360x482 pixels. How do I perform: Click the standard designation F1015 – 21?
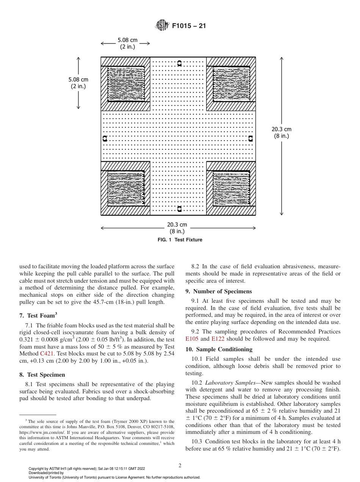[x=189, y=26]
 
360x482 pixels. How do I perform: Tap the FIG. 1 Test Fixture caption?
[x=180, y=240]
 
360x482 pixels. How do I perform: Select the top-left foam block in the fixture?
[x=126, y=85]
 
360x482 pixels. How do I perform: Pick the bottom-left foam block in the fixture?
[x=126, y=188]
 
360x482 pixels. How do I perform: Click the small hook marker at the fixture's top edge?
[x=180, y=63]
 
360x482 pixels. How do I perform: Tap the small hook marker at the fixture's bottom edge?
[x=180, y=209]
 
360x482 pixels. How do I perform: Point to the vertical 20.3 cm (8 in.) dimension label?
[x=282, y=133]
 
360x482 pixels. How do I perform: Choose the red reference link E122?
[x=218, y=339]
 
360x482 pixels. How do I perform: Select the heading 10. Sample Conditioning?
[x=219, y=349]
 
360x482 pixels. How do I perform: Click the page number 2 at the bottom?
[x=180, y=466]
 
